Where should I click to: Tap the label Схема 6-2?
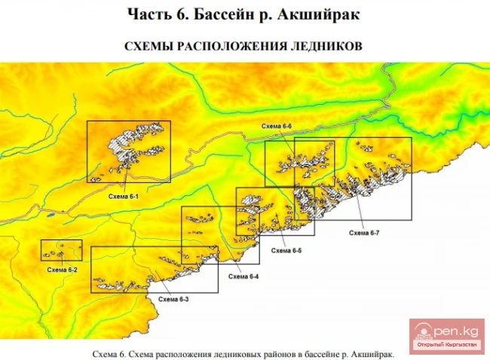62,269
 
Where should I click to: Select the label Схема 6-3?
173,299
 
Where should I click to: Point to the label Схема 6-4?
243,276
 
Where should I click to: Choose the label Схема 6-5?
286,250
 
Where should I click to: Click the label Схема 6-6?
277,126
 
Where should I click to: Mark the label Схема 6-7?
363,233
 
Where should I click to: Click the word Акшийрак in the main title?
326,14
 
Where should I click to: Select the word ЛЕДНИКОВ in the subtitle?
326,45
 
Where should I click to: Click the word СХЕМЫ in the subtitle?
148,45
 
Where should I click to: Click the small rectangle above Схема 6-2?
61,250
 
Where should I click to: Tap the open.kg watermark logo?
447,329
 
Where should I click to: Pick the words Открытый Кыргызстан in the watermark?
447,345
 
